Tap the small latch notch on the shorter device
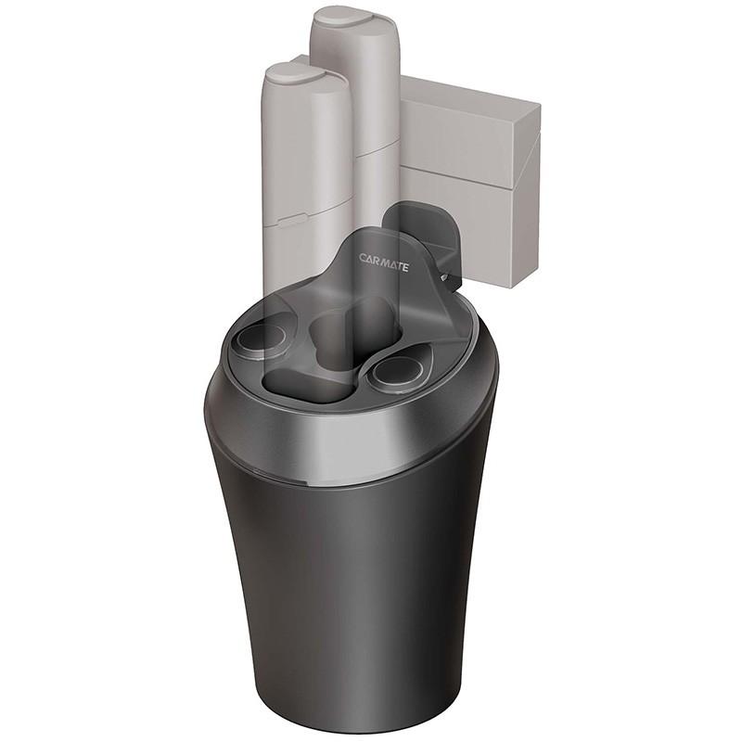coord(291,219)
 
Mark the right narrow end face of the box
coord(529,195)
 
